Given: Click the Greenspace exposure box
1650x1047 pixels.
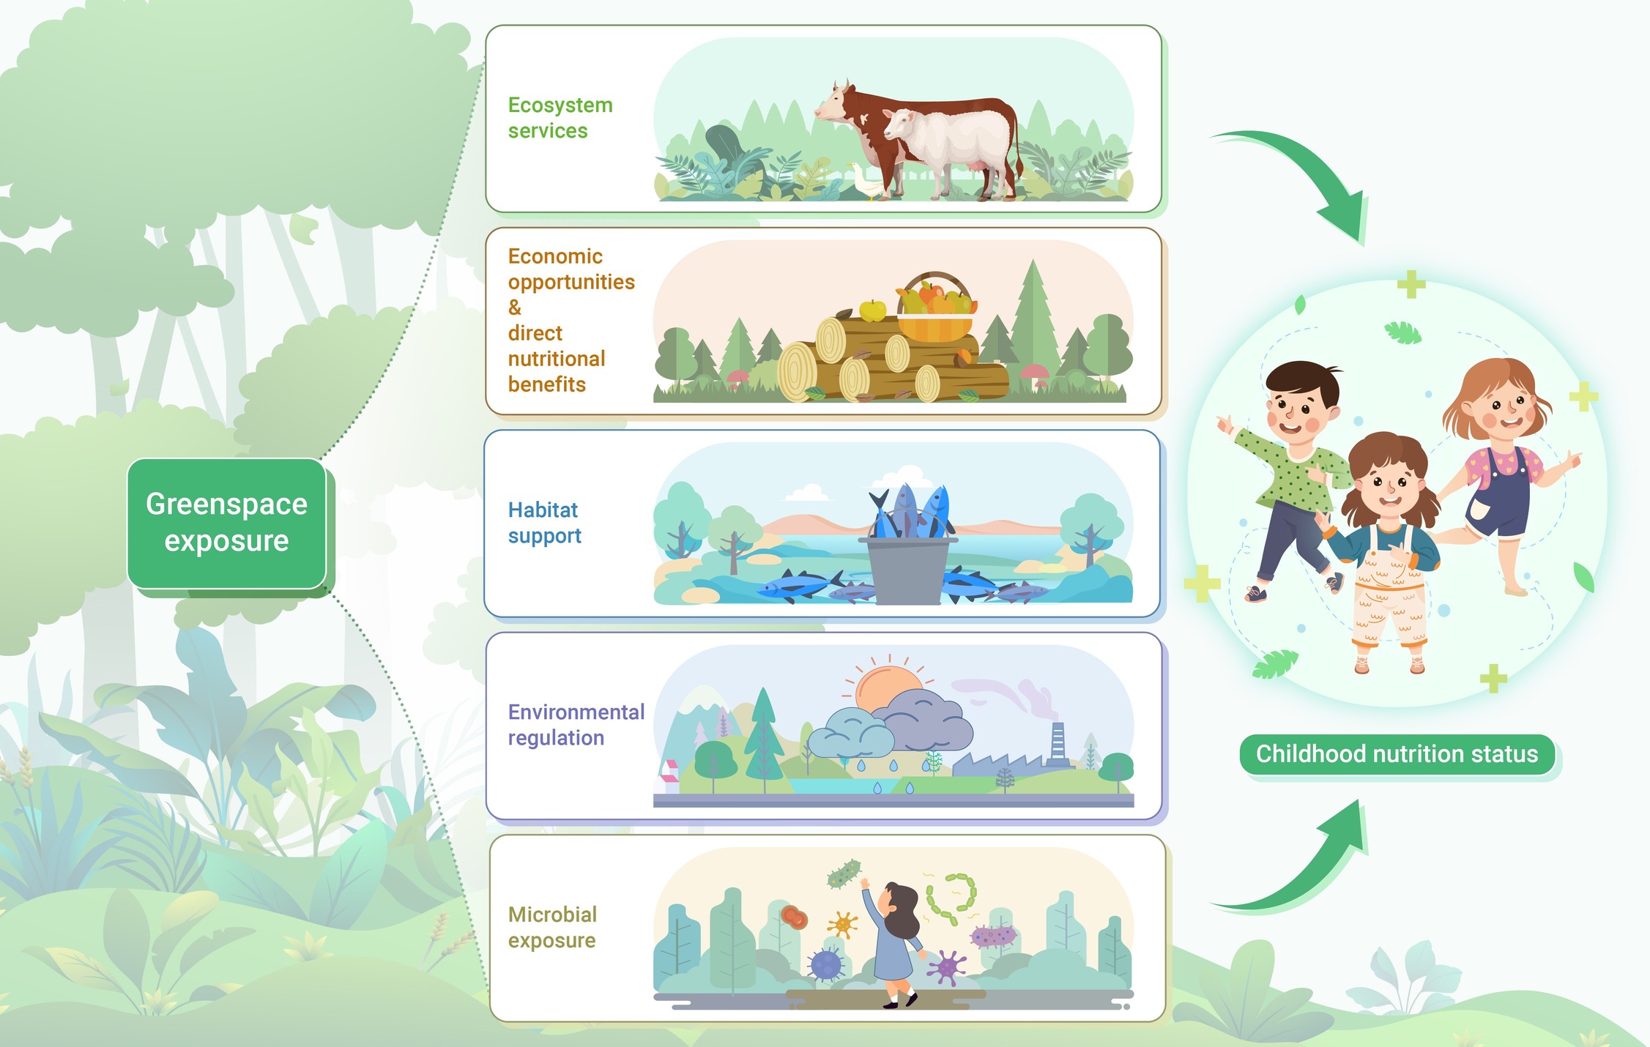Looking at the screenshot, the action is (x=226, y=523).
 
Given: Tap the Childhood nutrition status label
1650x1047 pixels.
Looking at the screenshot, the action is (x=1397, y=754).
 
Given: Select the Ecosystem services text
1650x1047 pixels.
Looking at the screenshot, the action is (x=560, y=118).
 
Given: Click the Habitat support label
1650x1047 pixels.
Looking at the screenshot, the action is (x=544, y=523).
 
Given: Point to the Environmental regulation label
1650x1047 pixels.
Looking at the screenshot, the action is (x=576, y=725).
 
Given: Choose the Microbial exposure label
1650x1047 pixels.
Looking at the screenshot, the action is (x=552, y=928).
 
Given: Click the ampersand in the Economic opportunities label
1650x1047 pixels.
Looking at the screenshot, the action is (x=515, y=308).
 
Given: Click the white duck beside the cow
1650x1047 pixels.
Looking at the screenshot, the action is (x=865, y=181).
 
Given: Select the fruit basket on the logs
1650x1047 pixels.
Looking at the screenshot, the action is (x=935, y=308).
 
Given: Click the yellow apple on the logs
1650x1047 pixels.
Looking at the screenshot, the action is (x=872, y=310).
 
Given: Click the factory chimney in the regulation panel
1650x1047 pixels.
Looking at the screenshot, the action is (x=1058, y=743).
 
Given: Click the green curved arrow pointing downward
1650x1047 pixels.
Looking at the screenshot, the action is (x=1304, y=172).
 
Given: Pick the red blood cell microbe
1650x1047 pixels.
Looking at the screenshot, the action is (x=794, y=917).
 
